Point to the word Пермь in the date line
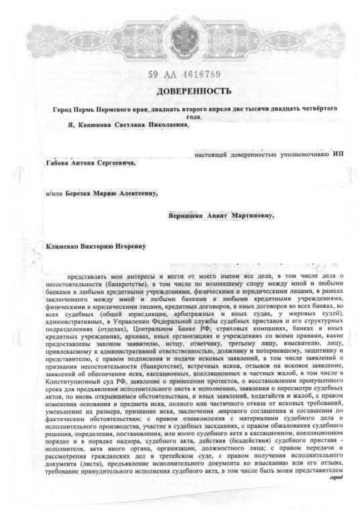95,108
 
